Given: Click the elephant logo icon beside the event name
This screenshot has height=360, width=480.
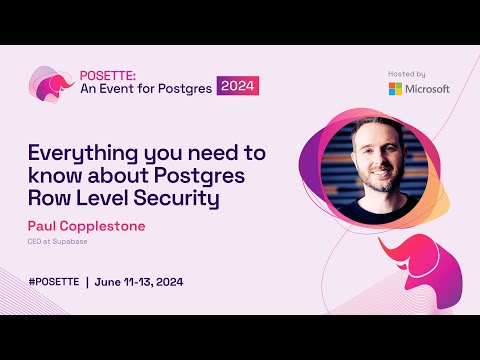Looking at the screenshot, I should click(50, 86).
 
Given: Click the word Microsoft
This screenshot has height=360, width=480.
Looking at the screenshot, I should click(427, 88).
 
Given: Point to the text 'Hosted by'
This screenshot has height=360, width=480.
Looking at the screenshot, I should click(407, 74).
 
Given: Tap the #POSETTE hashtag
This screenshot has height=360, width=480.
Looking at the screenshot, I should click(54, 281).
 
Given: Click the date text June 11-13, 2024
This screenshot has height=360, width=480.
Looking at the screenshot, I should click(139, 281).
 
